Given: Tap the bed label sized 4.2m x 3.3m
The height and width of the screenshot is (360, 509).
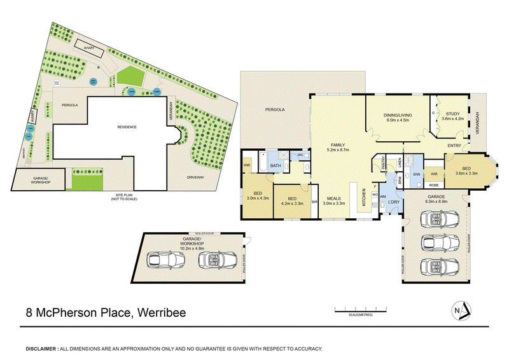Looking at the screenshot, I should (x=293, y=200).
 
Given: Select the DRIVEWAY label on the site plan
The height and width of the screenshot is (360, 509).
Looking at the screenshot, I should (x=195, y=177).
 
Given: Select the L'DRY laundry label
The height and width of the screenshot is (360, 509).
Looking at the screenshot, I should (x=394, y=202).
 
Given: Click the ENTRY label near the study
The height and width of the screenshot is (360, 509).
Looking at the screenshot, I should (x=454, y=146).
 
